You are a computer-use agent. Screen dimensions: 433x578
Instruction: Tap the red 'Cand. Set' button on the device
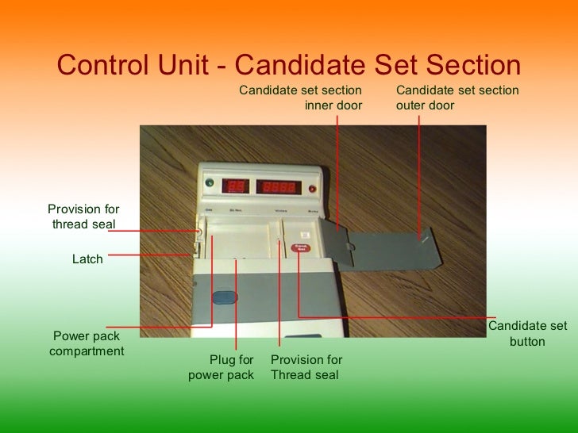pos(301,248)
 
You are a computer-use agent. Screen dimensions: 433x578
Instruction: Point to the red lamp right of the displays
pos(312,190)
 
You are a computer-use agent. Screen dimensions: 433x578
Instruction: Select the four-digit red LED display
pos(278,189)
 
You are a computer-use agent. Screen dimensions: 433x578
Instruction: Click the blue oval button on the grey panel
pos(224,298)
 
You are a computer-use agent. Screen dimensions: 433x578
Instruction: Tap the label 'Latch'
pos(87,259)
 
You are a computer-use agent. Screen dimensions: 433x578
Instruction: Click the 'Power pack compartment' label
pos(87,343)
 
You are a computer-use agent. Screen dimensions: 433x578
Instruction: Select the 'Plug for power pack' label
pos(222,367)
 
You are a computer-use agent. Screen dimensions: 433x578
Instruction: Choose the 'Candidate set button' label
pos(527,334)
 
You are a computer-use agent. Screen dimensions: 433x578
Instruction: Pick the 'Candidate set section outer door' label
pos(457,98)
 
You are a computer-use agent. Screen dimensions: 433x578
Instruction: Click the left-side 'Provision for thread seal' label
pos(83,216)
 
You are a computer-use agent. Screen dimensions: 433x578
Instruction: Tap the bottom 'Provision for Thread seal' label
pos(306,367)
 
